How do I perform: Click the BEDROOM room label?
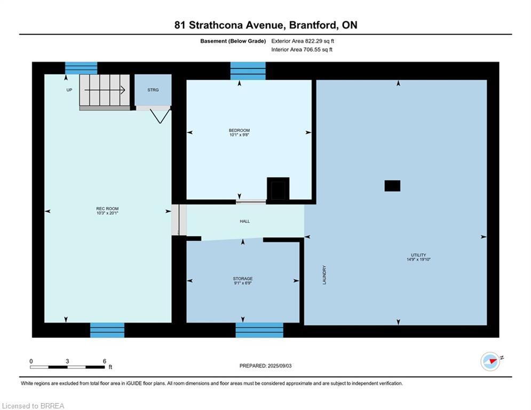tap(239, 130)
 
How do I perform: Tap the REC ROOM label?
tap(107, 209)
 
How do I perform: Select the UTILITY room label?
tap(418, 255)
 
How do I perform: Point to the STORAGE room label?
tap(242, 279)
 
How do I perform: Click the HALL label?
tap(244, 221)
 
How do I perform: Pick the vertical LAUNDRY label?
tap(324, 275)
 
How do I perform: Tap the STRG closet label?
tap(153, 90)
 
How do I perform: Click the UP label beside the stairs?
tap(69, 90)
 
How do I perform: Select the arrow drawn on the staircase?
tap(105, 90)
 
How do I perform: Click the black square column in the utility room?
tap(392, 186)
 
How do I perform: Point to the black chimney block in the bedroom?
tap(278, 189)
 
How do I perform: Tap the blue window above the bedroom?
tap(248, 71)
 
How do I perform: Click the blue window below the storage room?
tap(259, 330)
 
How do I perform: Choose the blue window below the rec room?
tap(107, 330)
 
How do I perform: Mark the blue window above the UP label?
tap(81, 68)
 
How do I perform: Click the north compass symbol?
tap(490, 361)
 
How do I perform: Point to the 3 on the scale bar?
tap(67, 361)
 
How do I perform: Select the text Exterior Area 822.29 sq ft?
tap(303, 41)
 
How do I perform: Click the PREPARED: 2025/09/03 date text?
tap(266, 366)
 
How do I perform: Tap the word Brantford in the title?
tap(313, 25)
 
